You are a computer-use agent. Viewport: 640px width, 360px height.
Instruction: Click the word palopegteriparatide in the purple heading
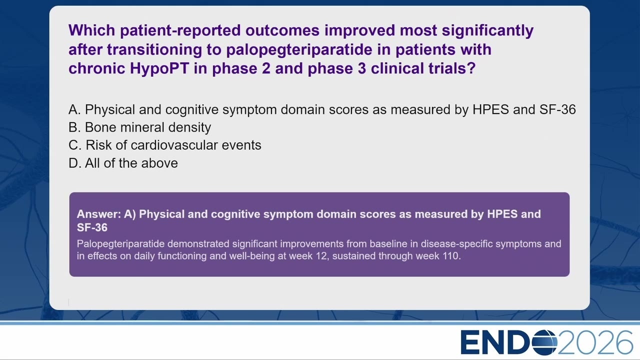click(299, 49)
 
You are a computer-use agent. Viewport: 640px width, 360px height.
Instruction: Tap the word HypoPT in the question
click(159, 68)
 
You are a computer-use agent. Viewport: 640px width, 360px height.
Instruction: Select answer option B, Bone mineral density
click(139, 127)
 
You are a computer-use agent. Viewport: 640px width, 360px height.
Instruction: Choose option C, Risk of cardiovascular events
click(165, 145)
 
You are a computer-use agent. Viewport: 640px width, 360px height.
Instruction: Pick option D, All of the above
click(123, 163)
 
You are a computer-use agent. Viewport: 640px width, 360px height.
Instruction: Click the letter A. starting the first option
click(74, 109)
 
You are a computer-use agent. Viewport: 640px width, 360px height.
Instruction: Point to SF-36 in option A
click(557, 109)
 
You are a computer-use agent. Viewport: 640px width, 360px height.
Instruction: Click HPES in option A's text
click(490, 109)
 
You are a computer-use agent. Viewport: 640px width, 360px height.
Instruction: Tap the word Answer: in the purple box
click(99, 214)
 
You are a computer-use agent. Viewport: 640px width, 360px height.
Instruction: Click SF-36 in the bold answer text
click(92, 227)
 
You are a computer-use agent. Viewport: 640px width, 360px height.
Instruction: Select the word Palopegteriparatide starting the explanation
click(120, 244)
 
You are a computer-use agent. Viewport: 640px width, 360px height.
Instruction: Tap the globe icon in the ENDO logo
click(544, 342)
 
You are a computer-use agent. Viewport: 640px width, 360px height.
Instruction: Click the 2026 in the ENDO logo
click(595, 342)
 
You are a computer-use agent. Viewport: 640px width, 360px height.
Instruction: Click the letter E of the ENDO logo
click(471, 342)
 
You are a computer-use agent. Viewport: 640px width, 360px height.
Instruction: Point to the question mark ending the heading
click(471, 68)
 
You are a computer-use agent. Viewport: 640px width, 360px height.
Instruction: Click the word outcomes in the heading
click(282, 30)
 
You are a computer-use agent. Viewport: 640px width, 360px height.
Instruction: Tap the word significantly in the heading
click(487, 31)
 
